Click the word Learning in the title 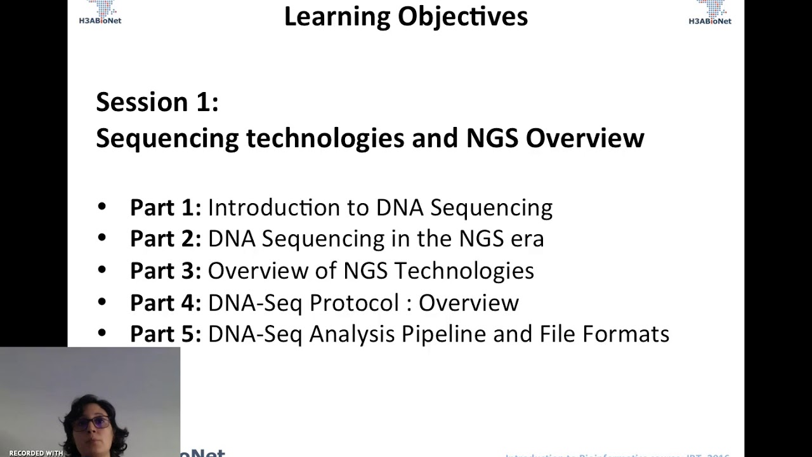click(337, 17)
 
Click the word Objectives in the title click(463, 17)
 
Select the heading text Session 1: click(157, 102)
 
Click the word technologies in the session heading click(325, 138)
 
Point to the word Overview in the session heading click(585, 138)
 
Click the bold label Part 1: click(165, 208)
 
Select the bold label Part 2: click(165, 239)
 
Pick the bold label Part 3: click(165, 271)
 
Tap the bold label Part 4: click(165, 303)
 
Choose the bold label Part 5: click(165, 334)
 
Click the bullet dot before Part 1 click(102, 206)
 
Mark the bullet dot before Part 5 click(102, 333)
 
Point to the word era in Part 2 click(527, 239)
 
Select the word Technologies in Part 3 click(464, 271)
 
